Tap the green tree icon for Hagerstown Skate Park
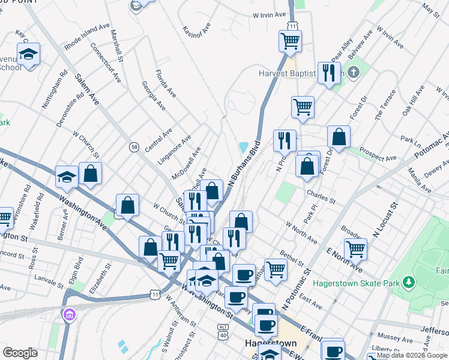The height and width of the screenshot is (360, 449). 409,281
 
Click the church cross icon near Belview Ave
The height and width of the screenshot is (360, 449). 354,73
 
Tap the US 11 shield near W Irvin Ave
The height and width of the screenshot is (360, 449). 292,26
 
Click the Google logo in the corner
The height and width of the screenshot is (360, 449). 20,352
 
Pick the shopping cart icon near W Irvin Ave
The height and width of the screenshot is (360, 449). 290,41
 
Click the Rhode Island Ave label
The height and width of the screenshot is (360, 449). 87,37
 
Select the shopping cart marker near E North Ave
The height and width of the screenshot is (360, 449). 355,248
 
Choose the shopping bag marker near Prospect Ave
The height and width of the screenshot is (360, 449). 339,137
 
